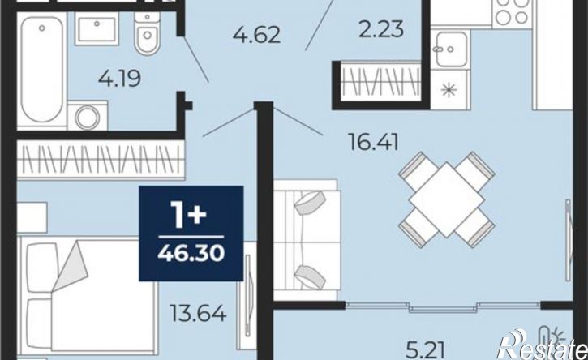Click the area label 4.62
tap(256, 35)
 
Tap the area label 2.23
tap(381, 30)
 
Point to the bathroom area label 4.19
tap(119, 79)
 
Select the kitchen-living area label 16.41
tap(373, 142)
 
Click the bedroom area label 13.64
tap(198, 314)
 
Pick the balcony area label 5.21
tap(426, 350)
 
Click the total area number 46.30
tap(191, 254)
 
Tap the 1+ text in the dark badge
tap(189, 215)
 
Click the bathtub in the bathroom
tap(42, 71)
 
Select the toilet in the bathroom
tap(148, 33)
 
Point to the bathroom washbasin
tap(97, 29)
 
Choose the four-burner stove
tap(512, 12)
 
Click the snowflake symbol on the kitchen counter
tap(449, 90)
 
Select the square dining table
tap(446, 199)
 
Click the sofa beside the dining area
tap(307, 240)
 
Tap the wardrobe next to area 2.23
tap(380, 82)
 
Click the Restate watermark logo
tap(543, 345)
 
